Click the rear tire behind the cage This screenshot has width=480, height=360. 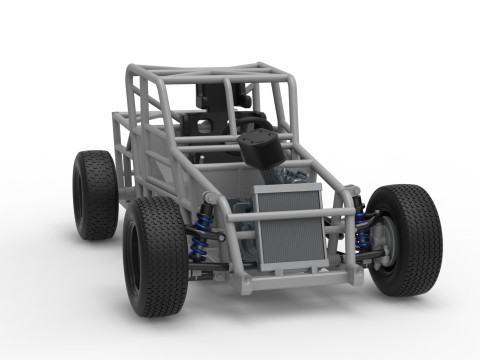click(95, 195)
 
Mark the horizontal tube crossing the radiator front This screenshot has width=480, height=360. click(290, 214)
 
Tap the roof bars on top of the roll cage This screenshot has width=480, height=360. click(210, 72)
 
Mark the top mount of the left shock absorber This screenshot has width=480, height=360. click(208, 198)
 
